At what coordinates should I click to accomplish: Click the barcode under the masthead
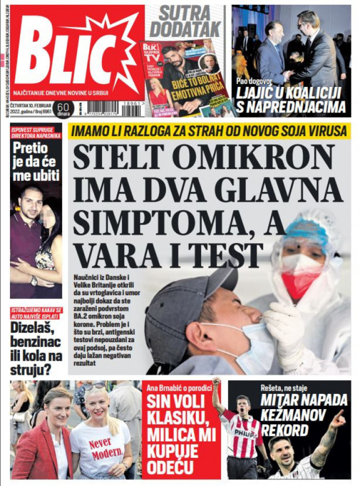[x=102, y=108]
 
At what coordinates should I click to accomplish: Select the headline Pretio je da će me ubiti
[x=36, y=162]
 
